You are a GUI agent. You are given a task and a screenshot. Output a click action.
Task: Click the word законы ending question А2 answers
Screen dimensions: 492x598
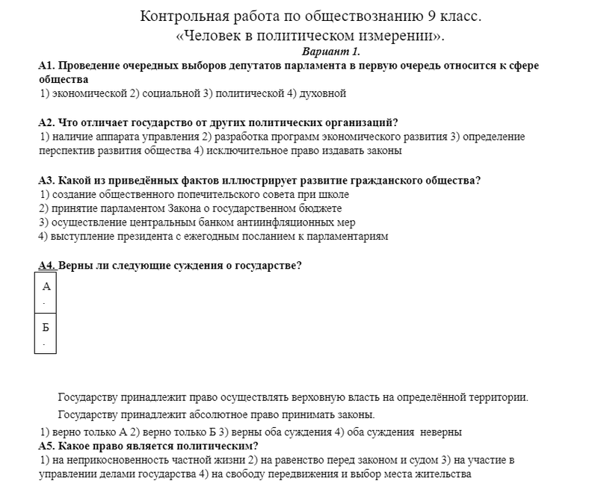click(x=383, y=151)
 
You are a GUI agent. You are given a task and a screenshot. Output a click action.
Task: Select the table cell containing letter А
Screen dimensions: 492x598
click(x=46, y=293)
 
